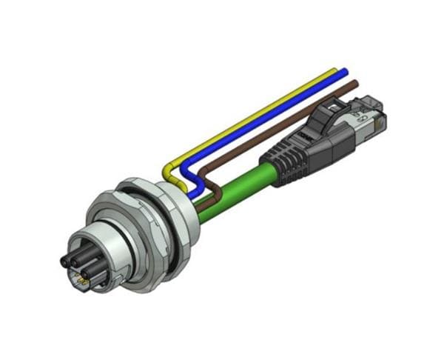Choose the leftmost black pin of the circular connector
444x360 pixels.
(x=64, y=261)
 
